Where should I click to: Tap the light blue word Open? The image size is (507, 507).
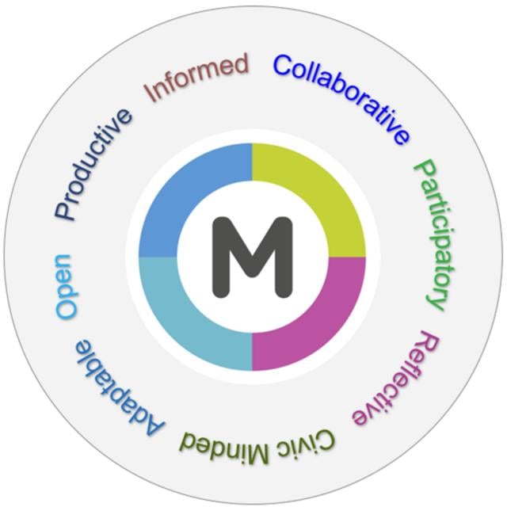click(67, 287)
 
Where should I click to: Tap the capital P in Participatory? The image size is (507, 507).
click(425, 170)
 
